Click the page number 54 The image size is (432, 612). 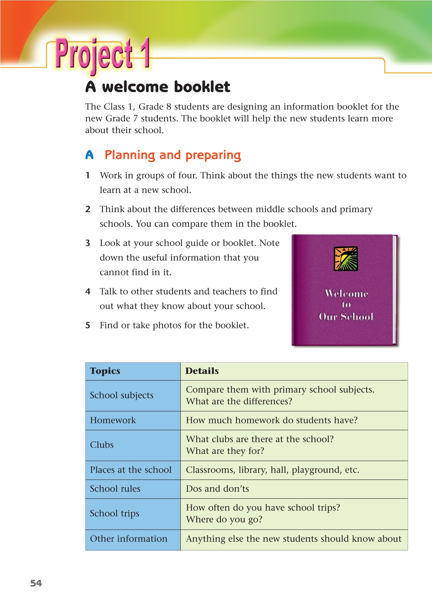[x=36, y=583]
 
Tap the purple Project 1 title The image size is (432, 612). [x=102, y=54]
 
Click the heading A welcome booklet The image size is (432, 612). [x=158, y=87]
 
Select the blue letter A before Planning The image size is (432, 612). [x=90, y=155]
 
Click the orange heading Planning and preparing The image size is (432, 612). [x=173, y=155]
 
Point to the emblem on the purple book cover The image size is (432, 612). [x=346, y=258]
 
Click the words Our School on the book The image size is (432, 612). [x=346, y=317]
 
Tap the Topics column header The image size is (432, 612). [x=105, y=371]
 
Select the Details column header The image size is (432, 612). [x=202, y=371]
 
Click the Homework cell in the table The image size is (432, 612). [x=113, y=420]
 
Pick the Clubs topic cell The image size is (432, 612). [x=102, y=445]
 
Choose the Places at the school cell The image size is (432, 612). [x=131, y=470]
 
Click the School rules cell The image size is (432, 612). [x=115, y=489]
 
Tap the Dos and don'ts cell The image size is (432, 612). [x=217, y=489]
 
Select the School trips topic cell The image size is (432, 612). [x=114, y=513]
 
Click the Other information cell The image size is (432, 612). [x=129, y=539]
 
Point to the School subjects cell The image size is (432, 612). [x=122, y=395]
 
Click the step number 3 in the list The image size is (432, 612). [x=88, y=243]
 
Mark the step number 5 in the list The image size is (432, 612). [x=88, y=325]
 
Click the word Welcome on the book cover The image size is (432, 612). [x=346, y=294]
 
